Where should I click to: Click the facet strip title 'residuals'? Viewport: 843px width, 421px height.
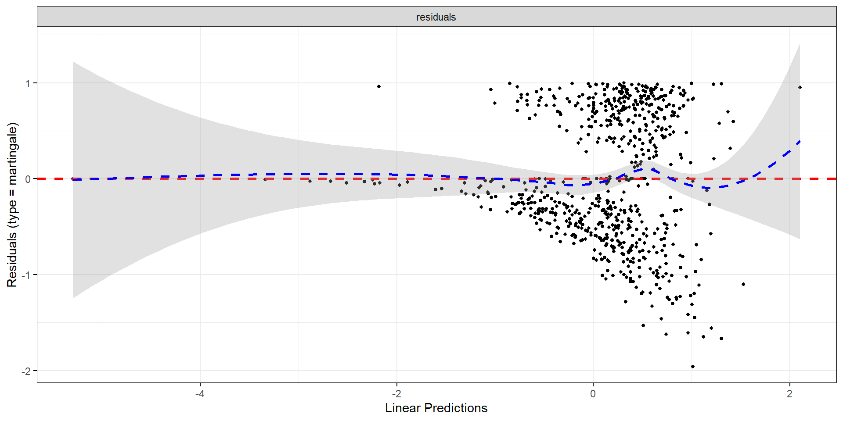point(436,17)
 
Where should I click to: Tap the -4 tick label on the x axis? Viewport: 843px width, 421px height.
point(200,394)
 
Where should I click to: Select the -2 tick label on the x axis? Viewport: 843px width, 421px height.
point(396,394)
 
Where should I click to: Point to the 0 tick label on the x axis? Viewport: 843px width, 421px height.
point(593,394)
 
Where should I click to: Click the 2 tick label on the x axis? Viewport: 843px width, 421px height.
point(789,394)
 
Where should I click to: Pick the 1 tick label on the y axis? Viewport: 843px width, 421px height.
point(28,83)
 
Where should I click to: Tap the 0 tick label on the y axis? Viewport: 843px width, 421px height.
point(28,179)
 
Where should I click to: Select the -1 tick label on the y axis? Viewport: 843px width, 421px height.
point(26,275)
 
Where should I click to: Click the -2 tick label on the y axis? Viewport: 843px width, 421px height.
point(26,371)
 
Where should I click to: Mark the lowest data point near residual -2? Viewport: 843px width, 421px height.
point(693,367)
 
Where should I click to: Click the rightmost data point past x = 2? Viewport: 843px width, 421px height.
point(800,87)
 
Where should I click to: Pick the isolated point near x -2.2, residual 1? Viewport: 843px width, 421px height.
point(379,86)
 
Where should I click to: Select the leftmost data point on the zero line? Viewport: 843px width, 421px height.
point(73,179)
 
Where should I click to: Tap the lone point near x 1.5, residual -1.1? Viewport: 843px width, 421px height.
point(743,284)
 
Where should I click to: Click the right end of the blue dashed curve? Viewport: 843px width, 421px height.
point(800,141)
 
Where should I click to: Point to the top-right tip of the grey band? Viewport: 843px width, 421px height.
point(800,44)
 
